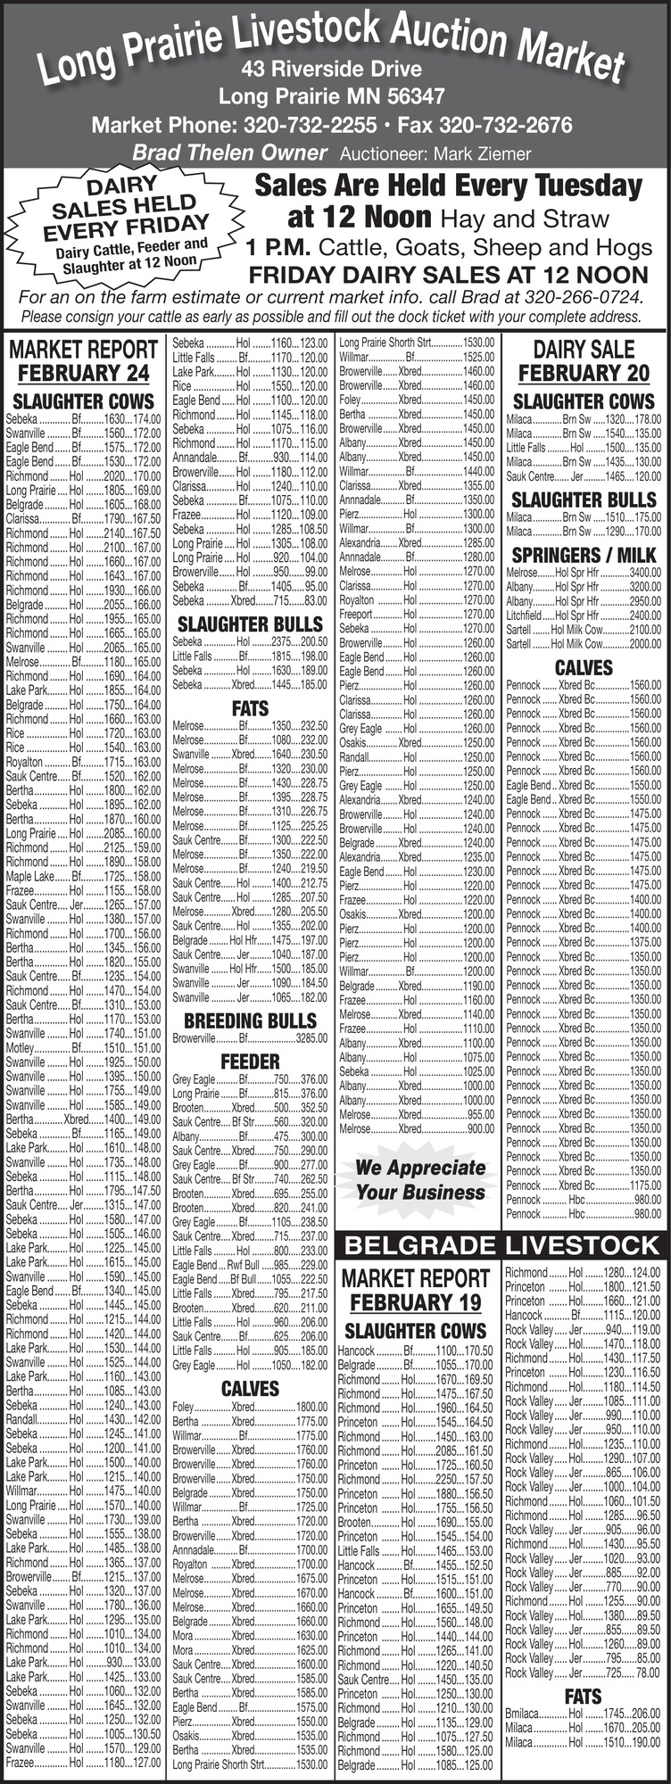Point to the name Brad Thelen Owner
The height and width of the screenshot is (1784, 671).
[x=229, y=153]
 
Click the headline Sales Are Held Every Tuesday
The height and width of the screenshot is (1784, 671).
[x=448, y=186]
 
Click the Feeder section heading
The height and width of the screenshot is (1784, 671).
[x=251, y=1061]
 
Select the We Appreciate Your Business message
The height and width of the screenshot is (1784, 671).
[x=420, y=1180]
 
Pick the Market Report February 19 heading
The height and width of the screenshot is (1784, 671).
[x=415, y=1290]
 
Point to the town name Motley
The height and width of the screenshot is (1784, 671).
[x=20, y=1047]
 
